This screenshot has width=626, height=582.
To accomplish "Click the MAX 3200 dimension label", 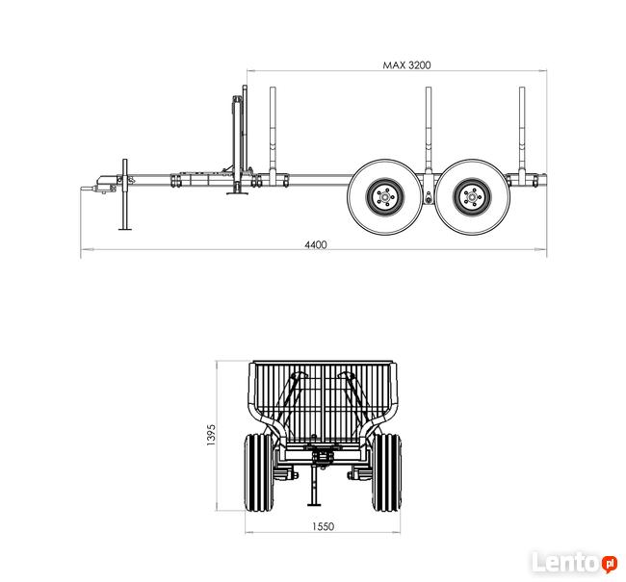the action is pos(406,65).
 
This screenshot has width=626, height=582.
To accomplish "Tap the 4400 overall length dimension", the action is pos(316,244).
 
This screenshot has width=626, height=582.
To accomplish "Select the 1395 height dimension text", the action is pos(211,435).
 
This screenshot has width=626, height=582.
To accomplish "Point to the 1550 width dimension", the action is pos(323,526).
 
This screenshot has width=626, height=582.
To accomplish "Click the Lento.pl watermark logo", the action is pos(575,562).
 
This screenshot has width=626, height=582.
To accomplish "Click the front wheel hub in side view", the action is pos(385,197).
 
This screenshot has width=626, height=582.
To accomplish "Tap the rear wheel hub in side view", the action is pos(472,197).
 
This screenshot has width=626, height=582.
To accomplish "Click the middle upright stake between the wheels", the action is pos(428,132).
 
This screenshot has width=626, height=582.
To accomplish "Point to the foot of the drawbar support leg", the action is pos(125,229).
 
